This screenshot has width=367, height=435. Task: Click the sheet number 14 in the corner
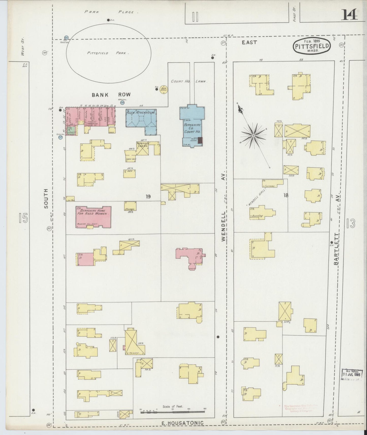coord(349,14)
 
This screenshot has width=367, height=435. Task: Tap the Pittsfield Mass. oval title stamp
coord(312,46)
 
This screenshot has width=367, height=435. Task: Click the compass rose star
coord(253,136)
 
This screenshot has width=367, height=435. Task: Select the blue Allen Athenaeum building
coord(140,119)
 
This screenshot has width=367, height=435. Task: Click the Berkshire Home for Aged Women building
coord(93,217)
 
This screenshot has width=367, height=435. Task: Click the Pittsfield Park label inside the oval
coord(108,53)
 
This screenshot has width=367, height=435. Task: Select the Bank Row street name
coord(111,95)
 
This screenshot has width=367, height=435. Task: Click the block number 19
coord(148,196)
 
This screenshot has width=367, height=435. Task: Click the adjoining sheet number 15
coord(24,219)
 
